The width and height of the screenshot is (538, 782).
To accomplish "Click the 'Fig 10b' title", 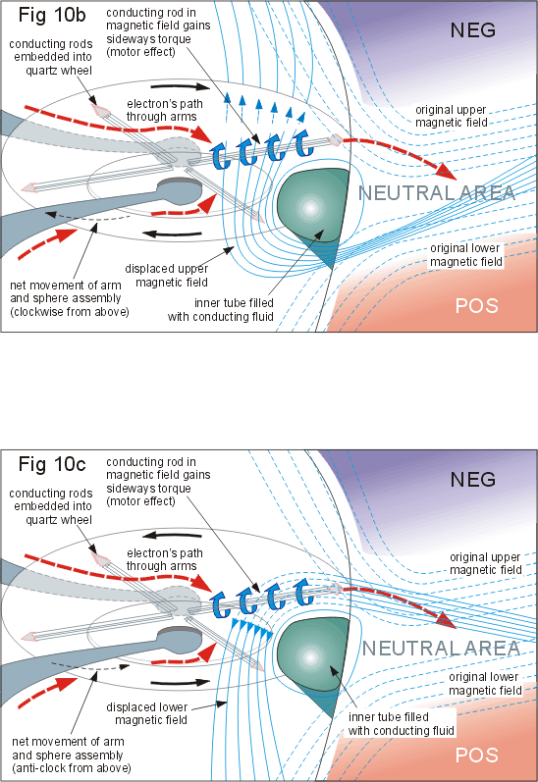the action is pos(52,15).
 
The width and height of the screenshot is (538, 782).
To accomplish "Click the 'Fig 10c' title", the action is pos(52,464).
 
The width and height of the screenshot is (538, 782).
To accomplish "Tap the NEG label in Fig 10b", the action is pos(472,30).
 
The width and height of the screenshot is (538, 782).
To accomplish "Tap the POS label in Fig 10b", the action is pos(476,305).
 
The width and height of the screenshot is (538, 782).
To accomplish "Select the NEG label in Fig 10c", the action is pos(472,480).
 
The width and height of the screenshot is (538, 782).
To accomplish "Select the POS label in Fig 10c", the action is pos(476,755).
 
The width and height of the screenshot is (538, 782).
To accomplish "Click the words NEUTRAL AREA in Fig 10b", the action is pos(437,193).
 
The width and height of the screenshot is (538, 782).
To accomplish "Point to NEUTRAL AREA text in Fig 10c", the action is pos(441,649).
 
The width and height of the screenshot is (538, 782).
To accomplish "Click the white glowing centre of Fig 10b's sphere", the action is pos(310,208).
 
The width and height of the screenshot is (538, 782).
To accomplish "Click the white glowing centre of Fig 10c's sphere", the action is pos(310,657).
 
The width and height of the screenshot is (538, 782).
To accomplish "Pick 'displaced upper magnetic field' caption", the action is pos(166,276).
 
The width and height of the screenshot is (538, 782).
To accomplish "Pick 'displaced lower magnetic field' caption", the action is pos(146,713).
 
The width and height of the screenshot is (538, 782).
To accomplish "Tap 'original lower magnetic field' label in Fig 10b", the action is pos(465,255).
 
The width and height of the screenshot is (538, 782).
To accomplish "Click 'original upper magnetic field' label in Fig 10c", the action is pos(486,563).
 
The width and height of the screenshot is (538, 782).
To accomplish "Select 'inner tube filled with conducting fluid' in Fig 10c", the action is pos(402,724).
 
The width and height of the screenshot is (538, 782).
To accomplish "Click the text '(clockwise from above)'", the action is pos(70,312).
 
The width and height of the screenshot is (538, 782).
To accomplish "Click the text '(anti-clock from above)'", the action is pos(72,768).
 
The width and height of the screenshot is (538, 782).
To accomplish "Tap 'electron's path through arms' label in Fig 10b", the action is pos(164,110).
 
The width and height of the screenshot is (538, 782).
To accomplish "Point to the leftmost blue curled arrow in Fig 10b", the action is pos(220,155).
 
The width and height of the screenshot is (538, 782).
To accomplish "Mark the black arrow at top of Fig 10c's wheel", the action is pos(171,536).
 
